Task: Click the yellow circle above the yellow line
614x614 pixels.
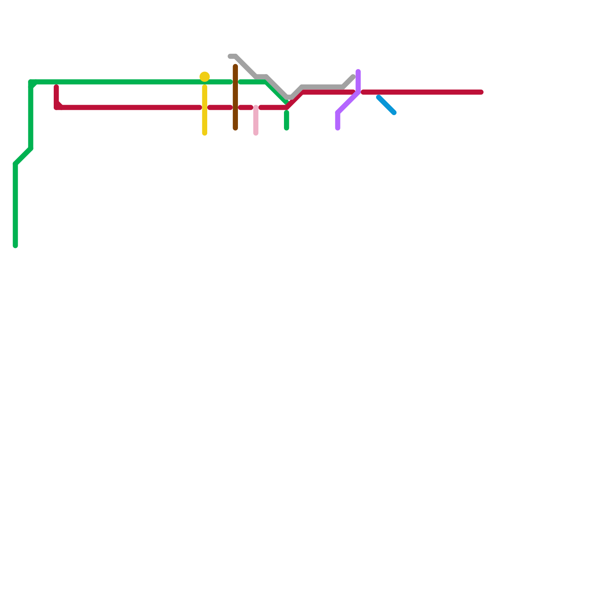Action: [x=205, y=77]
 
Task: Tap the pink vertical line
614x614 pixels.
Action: [x=256, y=120]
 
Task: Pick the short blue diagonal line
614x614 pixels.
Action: [x=386, y=105]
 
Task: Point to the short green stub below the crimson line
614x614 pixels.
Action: [x=287, y=120]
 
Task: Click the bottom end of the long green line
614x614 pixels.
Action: [x=15, y=246]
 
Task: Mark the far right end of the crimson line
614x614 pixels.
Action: [x=481, y=92]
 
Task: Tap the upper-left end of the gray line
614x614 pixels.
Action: [x=230, y=56]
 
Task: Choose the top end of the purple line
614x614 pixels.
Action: [x=358, y=71]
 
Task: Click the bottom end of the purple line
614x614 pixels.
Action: [x=338, y=128]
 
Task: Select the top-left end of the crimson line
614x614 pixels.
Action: [x=56, y=87]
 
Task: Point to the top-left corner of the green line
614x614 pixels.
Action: [x=31, y=82]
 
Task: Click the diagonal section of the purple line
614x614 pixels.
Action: [x=348, y=102]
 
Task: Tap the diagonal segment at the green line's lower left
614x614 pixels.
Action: [x=23, y=156]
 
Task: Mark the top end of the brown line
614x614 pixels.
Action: [x=235, y=67]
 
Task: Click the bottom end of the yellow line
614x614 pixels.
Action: [x=205, y=134]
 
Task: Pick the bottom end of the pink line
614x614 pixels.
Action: [x=256, y=134]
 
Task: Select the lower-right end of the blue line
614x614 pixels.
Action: [x=394, y=113]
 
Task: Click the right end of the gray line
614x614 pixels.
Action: [x=353, y=77]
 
